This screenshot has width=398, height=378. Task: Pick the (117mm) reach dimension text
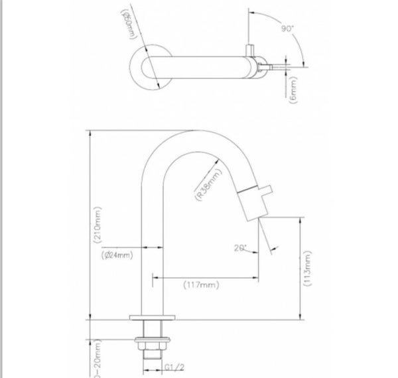click(x=201, y=285)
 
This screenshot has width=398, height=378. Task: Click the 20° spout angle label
click(x=240, y=248)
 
